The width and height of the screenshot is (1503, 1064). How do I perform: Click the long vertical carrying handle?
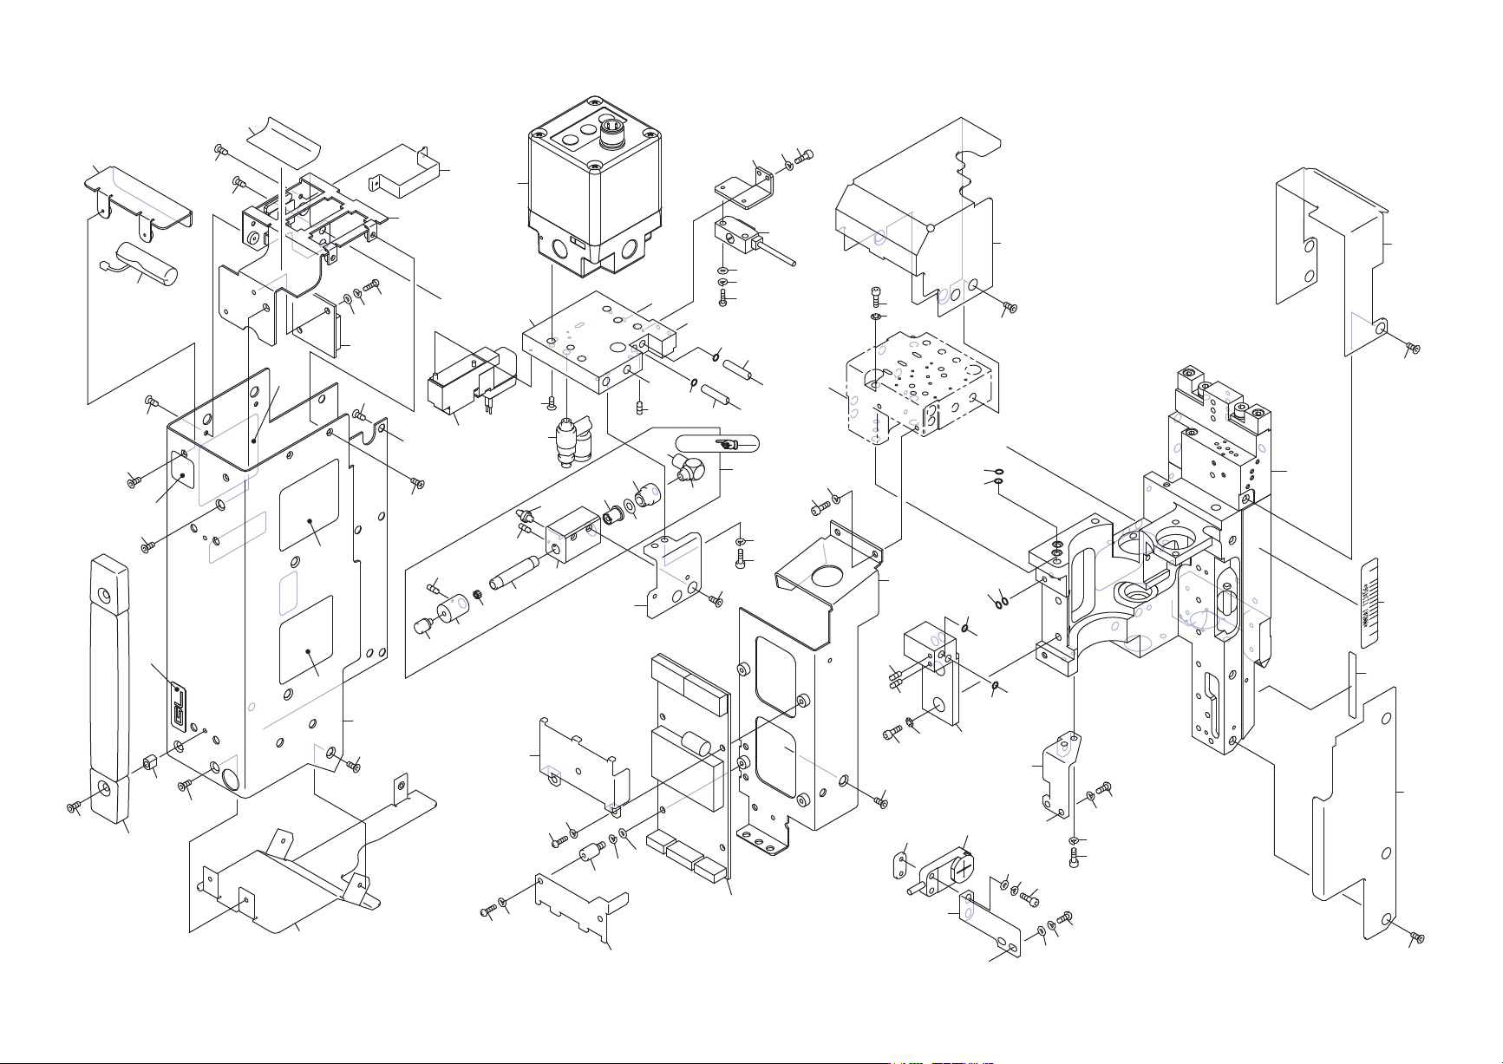click(x=109, y=685)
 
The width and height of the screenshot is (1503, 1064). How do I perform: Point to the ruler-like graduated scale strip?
click(x=1370, y=602)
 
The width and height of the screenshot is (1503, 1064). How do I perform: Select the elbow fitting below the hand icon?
click(x=690, y=469)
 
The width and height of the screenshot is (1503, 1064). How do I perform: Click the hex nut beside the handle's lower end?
click(x=148, y=763)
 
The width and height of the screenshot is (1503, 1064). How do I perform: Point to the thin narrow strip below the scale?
click(x=1350, y=685)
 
